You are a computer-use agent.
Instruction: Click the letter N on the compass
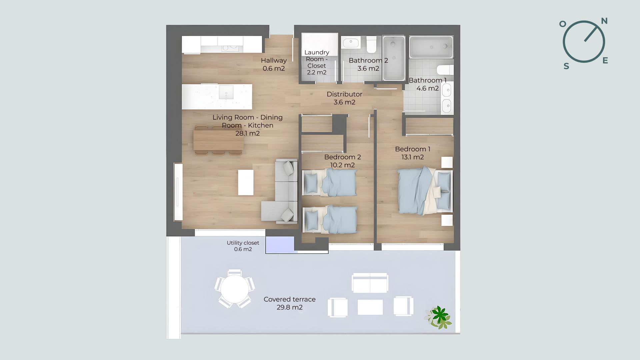tap(604, 21)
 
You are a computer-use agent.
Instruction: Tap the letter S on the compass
tap(566, 66)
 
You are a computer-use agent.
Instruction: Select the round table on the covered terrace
tap(235, 289)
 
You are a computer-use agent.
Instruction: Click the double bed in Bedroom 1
tap(425, 190)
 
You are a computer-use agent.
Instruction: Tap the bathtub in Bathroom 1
tap(431, 47)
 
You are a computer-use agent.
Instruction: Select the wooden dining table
tap(219, 140)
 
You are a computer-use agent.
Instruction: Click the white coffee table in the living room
tap(246, 182)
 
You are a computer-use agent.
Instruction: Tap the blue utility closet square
tap(280, 245)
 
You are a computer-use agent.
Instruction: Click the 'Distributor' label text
tap(344, 94)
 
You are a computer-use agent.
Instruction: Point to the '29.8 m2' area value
tap(289, 307)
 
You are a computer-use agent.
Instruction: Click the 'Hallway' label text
tap(274, 61)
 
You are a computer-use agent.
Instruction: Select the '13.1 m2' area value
tap(413, 157)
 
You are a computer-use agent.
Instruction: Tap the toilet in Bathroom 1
tap(445, 70)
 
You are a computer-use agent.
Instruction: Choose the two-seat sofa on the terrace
tap(370, 283)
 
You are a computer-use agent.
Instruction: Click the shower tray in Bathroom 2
tap(394, 58)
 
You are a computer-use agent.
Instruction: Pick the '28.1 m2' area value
tap(247, 134)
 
